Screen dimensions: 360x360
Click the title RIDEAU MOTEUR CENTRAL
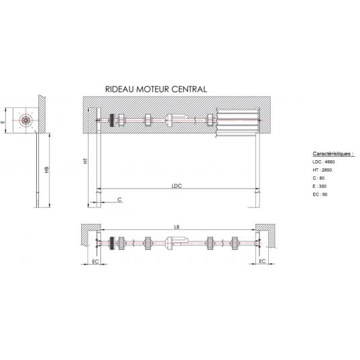coord(156,89)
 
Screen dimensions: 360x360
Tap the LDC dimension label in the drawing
coord(177,186)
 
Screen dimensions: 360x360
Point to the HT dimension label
coord(86,161)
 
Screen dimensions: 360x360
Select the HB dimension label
coord(47,170)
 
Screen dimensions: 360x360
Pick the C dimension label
coord(119,200)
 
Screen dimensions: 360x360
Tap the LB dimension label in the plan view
coord(176,227)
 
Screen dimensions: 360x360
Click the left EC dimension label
coord(95,261)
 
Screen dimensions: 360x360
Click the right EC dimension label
coord(262,261)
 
